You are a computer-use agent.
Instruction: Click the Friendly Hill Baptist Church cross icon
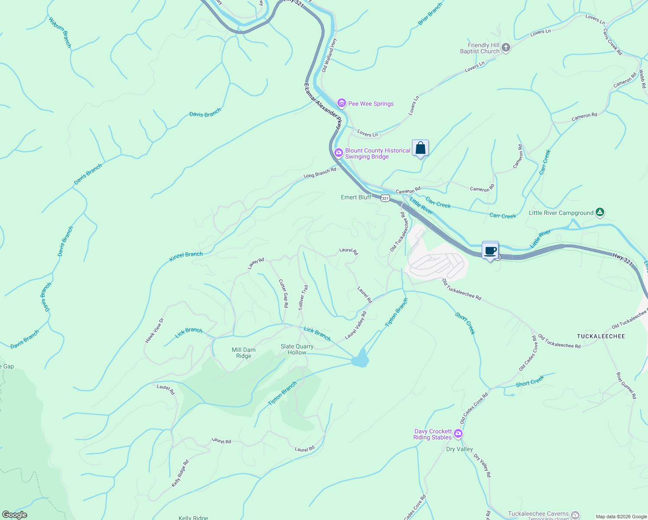506,48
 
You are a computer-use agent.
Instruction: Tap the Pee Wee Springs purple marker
342,103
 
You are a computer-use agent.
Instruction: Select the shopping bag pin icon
420,148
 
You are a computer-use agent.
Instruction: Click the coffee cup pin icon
490,250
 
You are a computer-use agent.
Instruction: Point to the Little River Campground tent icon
599,212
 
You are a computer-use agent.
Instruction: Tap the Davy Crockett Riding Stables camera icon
458,434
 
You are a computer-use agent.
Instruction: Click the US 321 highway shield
385,198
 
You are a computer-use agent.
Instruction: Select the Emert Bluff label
356,197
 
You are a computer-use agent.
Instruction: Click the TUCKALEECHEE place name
601,336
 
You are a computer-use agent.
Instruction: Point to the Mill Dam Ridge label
243,353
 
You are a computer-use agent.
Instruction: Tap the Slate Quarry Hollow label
297,349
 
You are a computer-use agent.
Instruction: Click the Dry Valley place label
459,449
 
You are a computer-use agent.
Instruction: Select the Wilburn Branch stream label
60,32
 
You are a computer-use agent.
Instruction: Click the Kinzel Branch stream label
186,257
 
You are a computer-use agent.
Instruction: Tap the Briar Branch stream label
430,14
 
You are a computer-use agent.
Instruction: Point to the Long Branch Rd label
320,173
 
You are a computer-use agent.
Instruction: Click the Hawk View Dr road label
155,330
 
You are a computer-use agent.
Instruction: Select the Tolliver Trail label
303,297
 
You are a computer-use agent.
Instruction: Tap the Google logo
15,515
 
